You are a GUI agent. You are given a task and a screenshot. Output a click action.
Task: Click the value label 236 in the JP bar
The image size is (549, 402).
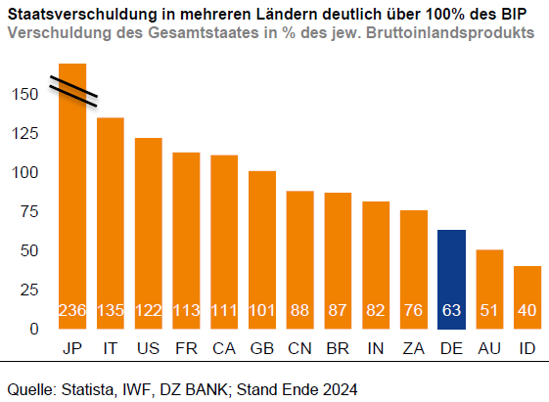point(72,311)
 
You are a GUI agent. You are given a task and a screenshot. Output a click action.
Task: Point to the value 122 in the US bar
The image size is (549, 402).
point(148,311)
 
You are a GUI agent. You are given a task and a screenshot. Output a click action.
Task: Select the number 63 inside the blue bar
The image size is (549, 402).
point(451,311)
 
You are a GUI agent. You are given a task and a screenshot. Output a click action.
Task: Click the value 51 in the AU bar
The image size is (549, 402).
point(489,311)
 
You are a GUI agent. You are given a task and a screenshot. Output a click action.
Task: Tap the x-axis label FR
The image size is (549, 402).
point(186,349)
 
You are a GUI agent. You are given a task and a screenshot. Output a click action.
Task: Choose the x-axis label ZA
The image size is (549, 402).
point(413,349)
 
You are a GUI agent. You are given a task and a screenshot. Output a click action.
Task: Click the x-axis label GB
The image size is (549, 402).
point(261,349)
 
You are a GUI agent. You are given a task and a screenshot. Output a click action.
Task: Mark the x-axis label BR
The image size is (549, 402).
point(338,349)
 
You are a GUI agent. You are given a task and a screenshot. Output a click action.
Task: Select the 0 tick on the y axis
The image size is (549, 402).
point(32,330)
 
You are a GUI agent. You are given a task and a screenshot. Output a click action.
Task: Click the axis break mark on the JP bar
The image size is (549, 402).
point(73,88)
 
